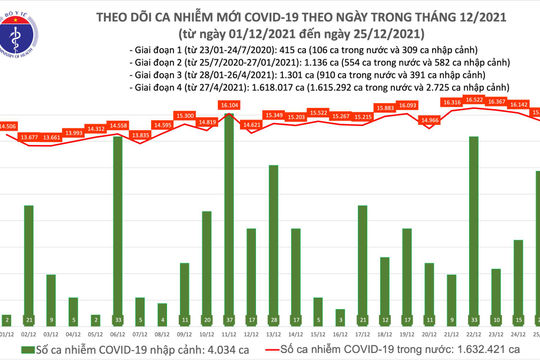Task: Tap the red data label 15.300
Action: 185,116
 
